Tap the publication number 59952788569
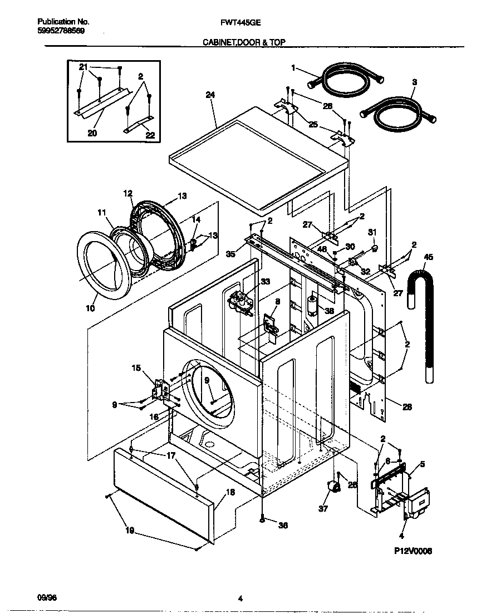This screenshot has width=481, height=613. (x=61, y=31)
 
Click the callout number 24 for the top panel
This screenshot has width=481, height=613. (x=210, y=95)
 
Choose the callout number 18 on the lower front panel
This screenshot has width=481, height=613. (x=230, y=493)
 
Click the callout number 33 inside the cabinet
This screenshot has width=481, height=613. (x=265, y=282)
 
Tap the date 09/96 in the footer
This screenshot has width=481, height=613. (x=48, y=598)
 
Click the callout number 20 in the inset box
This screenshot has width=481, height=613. (x=92, y=133)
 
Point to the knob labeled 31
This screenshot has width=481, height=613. (x=374, y=244)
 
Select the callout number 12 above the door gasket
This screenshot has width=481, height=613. (x=128, y=193)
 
